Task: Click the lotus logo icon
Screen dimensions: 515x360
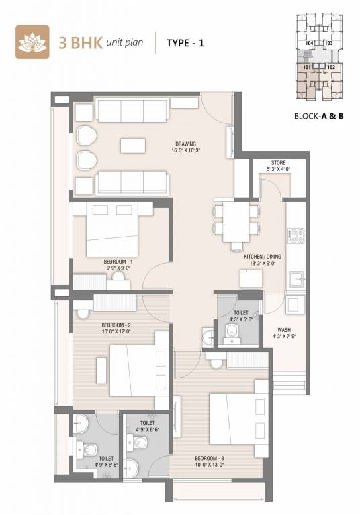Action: pyautogui.click(x=30, y=42)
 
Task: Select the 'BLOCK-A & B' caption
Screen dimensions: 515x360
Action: pyautogui.click(x=318, y=115)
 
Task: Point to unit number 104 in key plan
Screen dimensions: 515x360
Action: pyautogui.click(x=309, y=42)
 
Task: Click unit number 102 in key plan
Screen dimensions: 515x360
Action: pyautogui.click(x=330, y=67)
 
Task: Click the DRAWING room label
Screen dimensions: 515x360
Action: pyautogui.click(x=185, y=144)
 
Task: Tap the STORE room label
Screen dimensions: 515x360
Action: pyautogui.click(x=278, y=163)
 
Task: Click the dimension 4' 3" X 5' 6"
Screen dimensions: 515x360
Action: pyautogui.click(x=241, y=319)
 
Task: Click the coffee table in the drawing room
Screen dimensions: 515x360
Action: pyautogui.click(x=132, y=145)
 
